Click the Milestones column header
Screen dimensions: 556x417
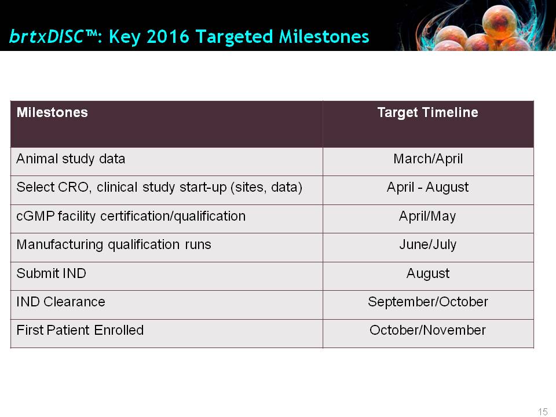point(52,112)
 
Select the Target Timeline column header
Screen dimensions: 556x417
point(427,112)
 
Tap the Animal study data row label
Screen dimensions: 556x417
point(71,159)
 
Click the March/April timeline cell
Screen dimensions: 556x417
point(428,159)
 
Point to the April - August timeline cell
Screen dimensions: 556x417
point(427,187)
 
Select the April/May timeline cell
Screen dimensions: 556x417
point(427,216)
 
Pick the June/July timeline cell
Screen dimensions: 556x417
point(427,244)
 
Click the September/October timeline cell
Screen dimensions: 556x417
point(427,302)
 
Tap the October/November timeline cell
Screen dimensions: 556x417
point(427,330)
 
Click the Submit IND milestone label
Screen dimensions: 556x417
point(51,273)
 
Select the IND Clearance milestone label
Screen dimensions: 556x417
point(61,302)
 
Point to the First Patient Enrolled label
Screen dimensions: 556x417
point(80,330)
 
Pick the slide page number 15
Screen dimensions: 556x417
point(543,412)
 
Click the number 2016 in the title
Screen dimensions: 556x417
point(168,36)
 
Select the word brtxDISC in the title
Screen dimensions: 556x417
point(46,36)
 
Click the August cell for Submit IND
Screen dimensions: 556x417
point(427,273)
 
